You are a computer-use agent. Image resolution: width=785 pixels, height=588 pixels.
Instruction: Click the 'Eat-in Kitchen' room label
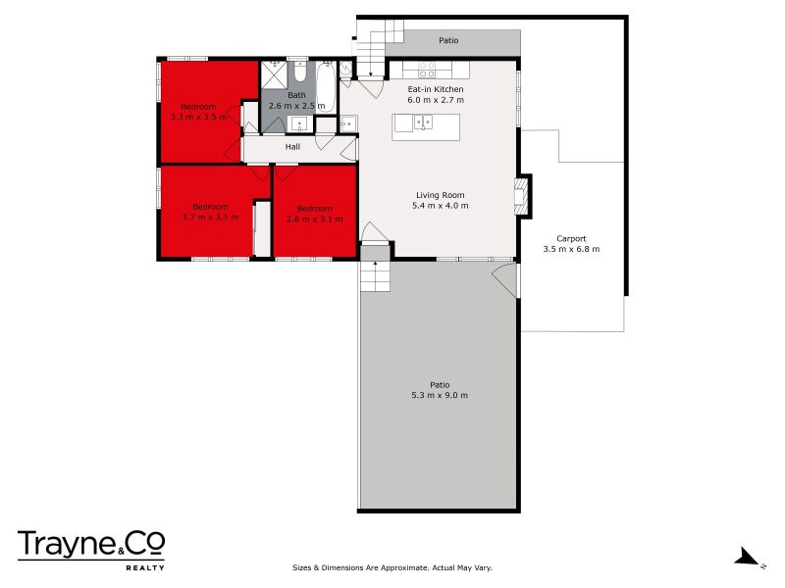point(436,89)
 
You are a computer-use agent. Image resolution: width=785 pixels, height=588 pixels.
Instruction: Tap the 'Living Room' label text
point(440,195)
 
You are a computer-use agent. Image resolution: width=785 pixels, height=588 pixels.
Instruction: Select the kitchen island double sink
point(424,122)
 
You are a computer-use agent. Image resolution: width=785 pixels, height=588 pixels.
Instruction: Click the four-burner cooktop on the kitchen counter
point(428,70)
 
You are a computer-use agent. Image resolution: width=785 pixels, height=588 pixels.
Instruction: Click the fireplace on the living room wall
point(524,194)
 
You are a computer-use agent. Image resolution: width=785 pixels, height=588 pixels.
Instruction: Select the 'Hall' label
point(292,147)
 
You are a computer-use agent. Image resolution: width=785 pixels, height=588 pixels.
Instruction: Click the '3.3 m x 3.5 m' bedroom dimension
point(198,117)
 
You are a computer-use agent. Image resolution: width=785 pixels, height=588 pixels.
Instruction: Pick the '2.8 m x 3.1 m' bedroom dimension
point(315,219)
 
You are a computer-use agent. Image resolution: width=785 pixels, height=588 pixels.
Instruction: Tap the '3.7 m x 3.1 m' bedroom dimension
point(210,217)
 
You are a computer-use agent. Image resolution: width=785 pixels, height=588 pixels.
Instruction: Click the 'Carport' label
point(571,238)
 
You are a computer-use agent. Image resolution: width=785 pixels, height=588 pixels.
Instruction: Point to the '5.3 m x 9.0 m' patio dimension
point(440,395)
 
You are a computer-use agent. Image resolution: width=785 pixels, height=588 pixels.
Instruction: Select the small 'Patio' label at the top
point(447,41)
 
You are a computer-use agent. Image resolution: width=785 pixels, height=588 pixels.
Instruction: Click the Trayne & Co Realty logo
point(90,548)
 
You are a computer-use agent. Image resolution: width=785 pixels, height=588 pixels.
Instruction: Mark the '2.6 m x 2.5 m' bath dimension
point(296,105)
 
